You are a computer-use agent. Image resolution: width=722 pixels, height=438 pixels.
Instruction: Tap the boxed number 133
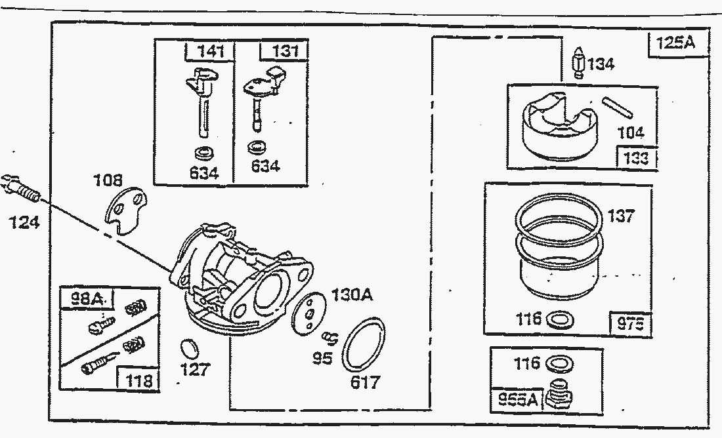[x=635, y=158]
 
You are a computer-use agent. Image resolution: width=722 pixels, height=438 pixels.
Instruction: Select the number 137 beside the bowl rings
[x=620, y=216]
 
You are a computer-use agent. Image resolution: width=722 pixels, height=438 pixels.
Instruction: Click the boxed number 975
[x=631, y=324]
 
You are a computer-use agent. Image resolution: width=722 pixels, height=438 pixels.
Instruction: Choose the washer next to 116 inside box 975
[x=560, y=320]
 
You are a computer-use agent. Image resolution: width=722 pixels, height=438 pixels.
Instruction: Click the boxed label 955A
[x=519, y=399]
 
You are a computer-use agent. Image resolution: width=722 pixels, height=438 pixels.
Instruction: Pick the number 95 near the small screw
[x=322, y=359]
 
